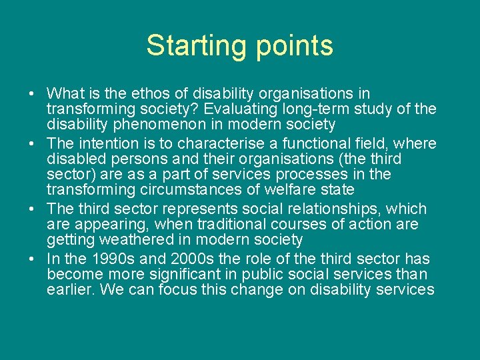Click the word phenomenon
[153, 124]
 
